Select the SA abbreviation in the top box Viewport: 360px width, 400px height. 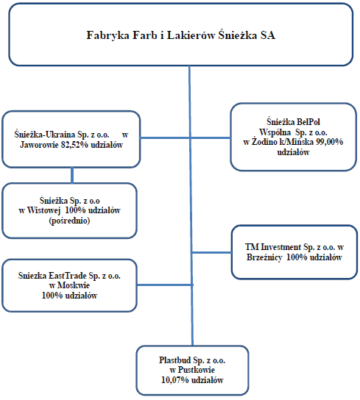(x=267, y=35)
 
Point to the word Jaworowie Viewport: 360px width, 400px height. (x=39, y=145)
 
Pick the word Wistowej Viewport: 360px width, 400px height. (x=43, y=210)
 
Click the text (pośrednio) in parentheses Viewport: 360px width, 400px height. (x=69, y=221)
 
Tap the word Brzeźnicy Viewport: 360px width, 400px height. (x=264, y=257)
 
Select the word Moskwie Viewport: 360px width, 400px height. (x=73, y=285)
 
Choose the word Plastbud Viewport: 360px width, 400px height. (x=175, y=360)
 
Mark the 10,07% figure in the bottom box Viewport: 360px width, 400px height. (x=175, y=380)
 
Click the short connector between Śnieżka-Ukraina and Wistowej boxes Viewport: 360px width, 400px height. (x=72, y=175)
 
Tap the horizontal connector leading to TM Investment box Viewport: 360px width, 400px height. (x=212, y=252)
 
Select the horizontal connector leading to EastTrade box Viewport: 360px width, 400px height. (x=165, y=285)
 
